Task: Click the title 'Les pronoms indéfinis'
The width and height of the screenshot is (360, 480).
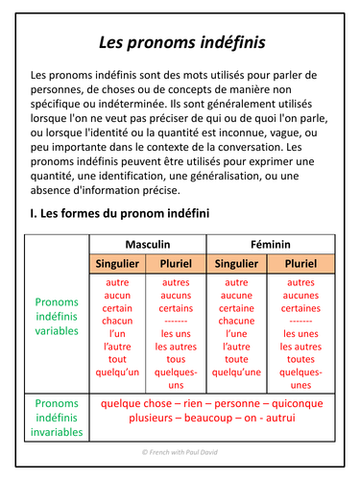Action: tap(180, 42)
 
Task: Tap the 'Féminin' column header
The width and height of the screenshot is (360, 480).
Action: tap(271, 244)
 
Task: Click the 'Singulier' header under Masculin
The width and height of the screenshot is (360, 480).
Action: tap(119, 263)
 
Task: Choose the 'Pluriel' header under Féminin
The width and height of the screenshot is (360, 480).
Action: tap(300, 263)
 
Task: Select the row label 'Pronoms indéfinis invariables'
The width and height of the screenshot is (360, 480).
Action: tap(57, 418)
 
